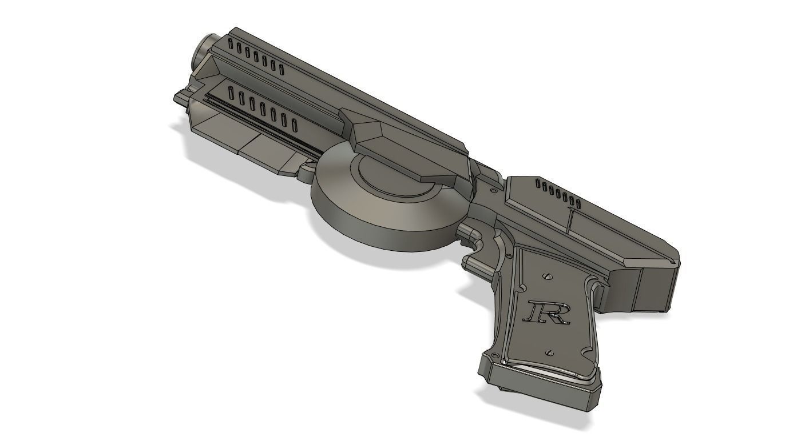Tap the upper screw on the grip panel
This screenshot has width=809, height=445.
pyautogui.click(x=548, y=276)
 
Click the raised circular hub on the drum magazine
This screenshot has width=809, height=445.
pyautogui.click(x=395, y=177)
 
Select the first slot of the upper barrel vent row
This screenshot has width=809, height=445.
pyautogui.click(x=231, y=45)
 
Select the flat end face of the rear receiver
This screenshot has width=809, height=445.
pyautogui.click(x=658, y=288)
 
